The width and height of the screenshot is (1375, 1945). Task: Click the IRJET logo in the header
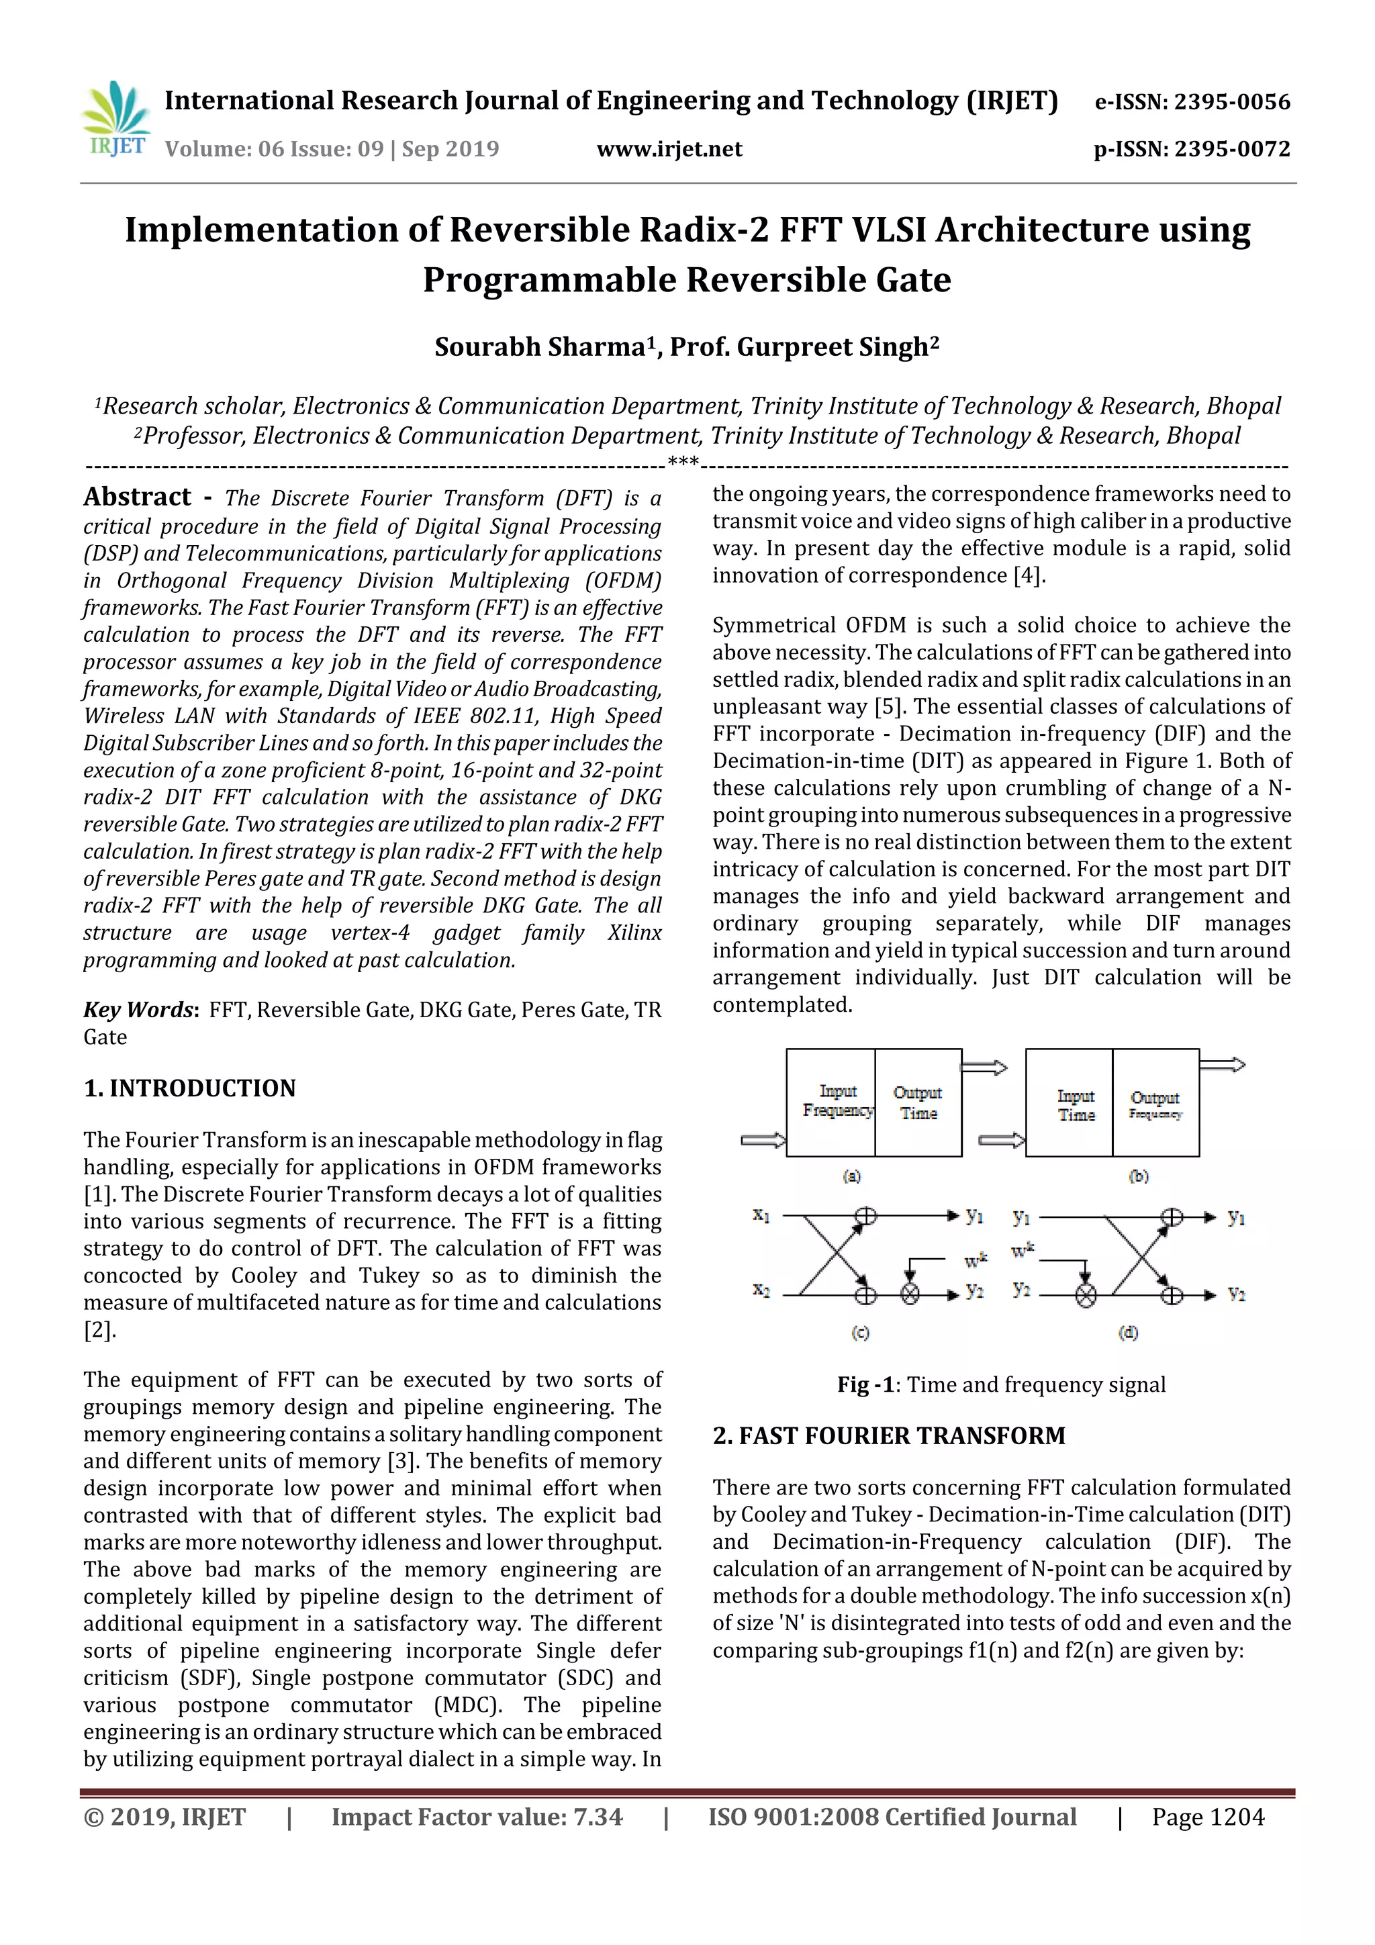(116, 120)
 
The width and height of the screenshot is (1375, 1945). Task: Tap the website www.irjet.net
(669, 149)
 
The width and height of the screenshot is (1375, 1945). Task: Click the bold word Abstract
(137, 497)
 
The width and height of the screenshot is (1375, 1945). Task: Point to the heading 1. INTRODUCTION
(190, 1088)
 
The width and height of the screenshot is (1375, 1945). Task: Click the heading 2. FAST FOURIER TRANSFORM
(889, 1436)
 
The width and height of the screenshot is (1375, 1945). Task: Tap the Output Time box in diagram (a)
(918, 1103)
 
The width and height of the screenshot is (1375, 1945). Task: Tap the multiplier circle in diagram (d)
(1085, 1294)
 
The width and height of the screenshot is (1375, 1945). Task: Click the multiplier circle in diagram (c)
(910, 1294)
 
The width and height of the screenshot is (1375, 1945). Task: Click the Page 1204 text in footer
(1207, 1817)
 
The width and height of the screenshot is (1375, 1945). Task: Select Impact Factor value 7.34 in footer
(476, 1817)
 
